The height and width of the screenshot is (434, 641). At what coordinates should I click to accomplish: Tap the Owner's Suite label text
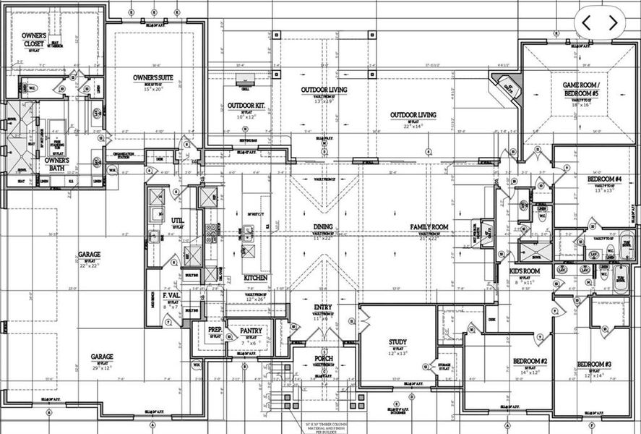[152, 77]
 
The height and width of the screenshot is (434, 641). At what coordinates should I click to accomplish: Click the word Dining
[323, 227]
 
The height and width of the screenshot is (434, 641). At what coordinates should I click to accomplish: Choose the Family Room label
[429, 227]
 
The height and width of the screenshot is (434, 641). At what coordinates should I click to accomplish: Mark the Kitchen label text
[256, 278]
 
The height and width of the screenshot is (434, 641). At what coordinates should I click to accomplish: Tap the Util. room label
[177, 221]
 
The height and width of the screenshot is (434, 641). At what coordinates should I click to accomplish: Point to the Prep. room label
[215, 329]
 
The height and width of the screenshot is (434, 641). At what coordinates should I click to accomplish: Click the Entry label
[323, 307]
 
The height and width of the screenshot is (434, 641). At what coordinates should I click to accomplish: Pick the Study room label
[397, 342]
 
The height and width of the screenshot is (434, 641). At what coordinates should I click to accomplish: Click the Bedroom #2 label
[530, 361]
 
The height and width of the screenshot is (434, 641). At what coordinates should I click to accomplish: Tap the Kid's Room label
[525, 271]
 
